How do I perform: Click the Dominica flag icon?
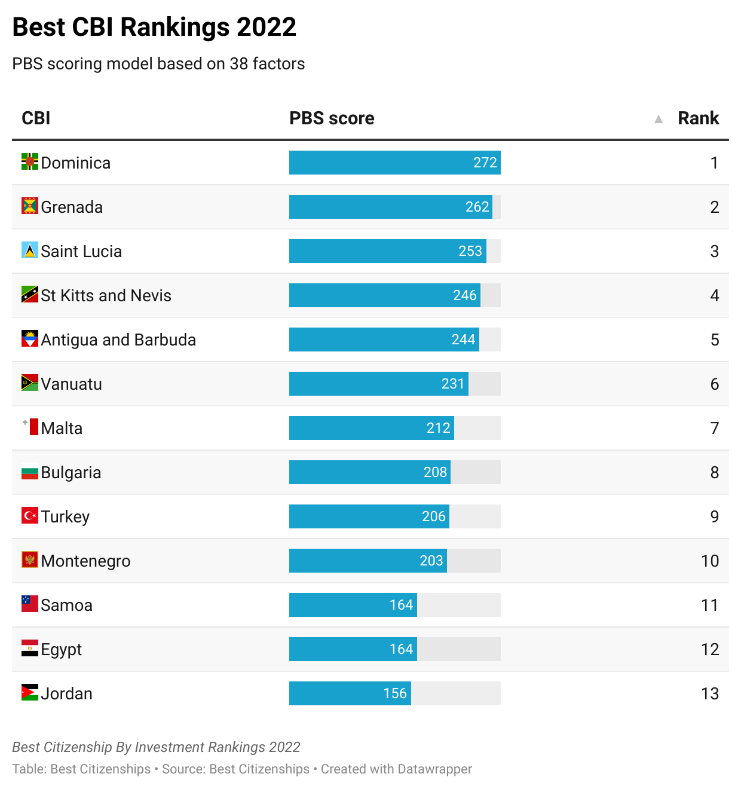pyautogui.click(x=30, y=161)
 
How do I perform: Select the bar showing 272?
pyautogui.click(x=394, y=163)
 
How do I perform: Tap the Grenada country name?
pyautogui.click(x=72, y=207)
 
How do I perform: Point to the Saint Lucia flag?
pyautogui.click(x=30, y=250)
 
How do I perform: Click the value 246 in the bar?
pyautogui.click(x=464, y=295)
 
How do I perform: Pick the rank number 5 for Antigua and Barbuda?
pyautogui.click(x=715, y=340)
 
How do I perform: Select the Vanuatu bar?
pyautogui.click(x=378, y=384)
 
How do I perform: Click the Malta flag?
pyautogui.click(x=30, y=427)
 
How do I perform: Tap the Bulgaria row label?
pyautogui.click(x=71, y=473)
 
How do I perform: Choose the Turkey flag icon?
pyautogui.click(x=30, y=515)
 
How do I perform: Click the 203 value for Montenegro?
pyautogui.click(x=431, y=561)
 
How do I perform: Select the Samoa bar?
pyautogui.click(x=353, y=605)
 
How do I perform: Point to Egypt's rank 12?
pyautogui.click(x=709, y=649)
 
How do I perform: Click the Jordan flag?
pyautogui.click(x=30, y=693)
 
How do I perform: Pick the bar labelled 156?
pyautogui.click(x=350, y=693)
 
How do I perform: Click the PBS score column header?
pyautogui.click(x=332, y=118)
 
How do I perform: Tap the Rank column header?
pyautogui.click(x=698, y=118)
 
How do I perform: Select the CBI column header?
pyautogui.click(x=36, y=118)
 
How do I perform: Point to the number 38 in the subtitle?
pyautogui.click(x=238, y=64)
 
